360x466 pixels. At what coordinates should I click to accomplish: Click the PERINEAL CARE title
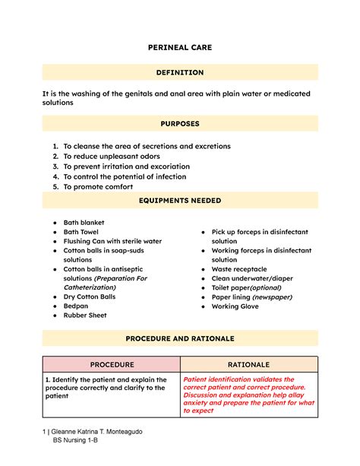tap(179, 47)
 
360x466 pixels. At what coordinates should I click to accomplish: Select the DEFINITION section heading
tap(179, 72)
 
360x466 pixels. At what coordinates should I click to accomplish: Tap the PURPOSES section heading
tap(179, 122)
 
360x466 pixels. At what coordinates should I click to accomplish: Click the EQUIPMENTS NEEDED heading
tap(179, 201)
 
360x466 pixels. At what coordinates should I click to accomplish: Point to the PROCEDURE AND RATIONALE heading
tap(179, 338)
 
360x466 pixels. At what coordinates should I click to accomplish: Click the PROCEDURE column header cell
tap(112, 365)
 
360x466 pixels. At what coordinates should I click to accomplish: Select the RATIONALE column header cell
tap(248, 365)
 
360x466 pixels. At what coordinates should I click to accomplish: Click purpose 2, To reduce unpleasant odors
tap(111, 156)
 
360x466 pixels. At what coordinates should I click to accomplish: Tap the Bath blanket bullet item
tap(84, 223)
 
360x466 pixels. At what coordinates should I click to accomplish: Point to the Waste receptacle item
tap(238, 269)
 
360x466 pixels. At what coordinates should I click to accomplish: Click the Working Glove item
tap(235, 306)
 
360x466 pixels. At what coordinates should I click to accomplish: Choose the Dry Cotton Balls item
tap(90, 296)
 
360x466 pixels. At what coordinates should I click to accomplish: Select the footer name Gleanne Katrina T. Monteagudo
tap(99, 432)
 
